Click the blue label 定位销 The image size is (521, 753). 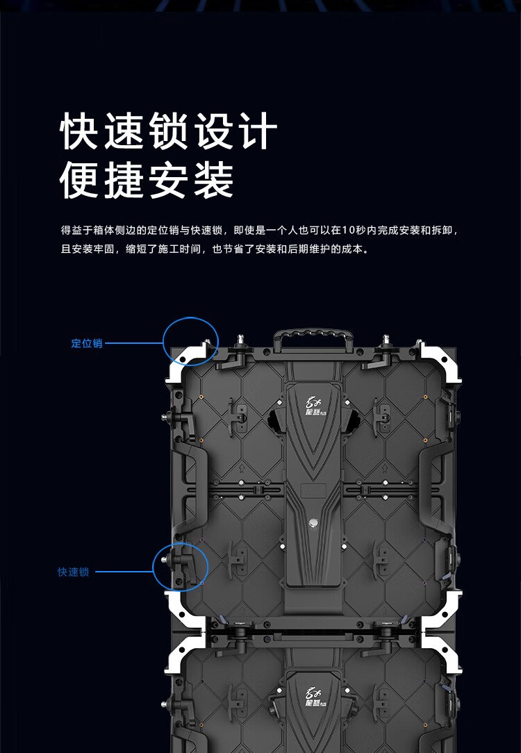87,343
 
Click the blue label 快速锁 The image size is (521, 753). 73,572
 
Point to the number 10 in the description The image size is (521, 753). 348,231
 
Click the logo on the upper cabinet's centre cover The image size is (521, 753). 315,405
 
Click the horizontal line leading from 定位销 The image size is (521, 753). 134,343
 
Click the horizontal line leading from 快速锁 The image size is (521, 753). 124,572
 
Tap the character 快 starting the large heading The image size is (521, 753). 78,131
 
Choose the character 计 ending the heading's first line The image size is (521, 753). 259,131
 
